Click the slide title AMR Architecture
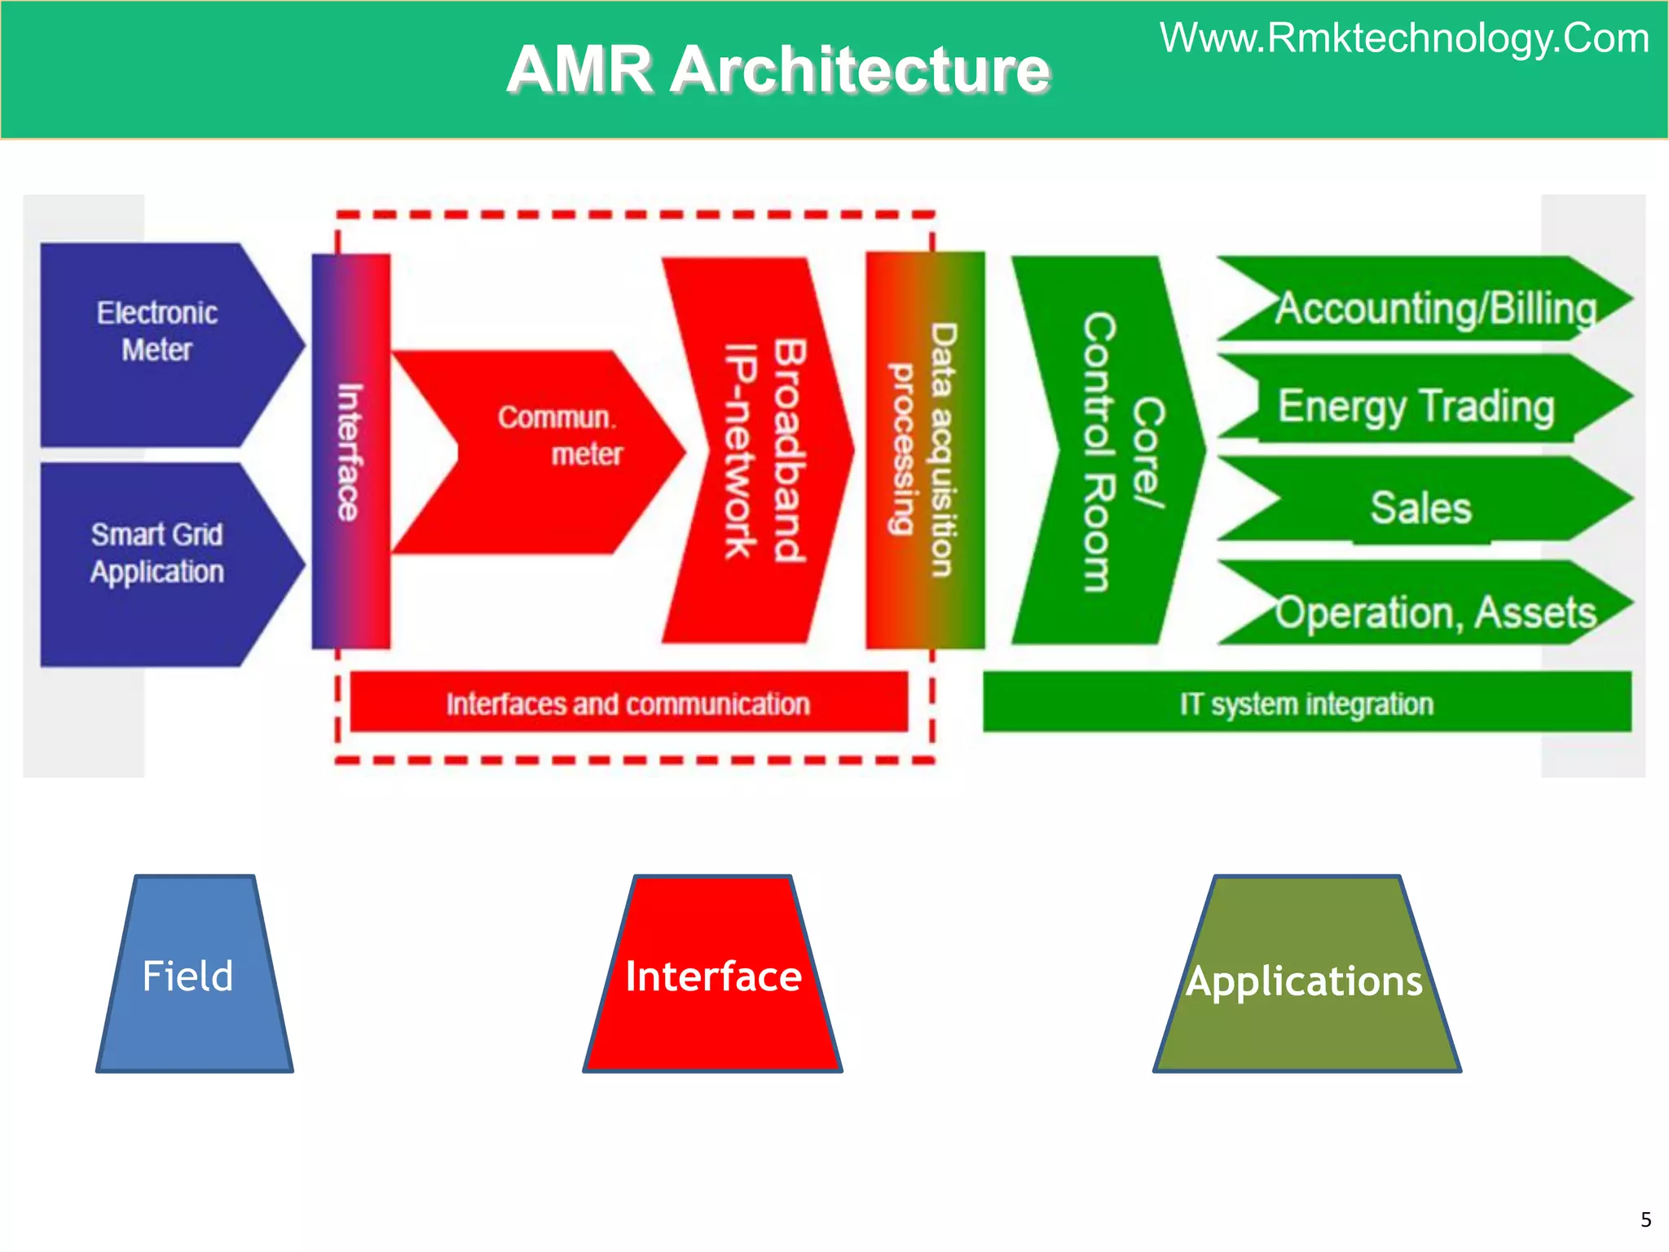778,70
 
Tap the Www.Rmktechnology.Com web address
1404,38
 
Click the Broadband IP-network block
762,451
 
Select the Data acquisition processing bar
925,451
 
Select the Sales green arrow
1421,507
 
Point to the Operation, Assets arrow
1434,611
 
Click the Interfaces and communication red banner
628,703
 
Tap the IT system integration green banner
1306,703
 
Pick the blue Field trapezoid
194,976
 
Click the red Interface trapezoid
713,976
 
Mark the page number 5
1645,1219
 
